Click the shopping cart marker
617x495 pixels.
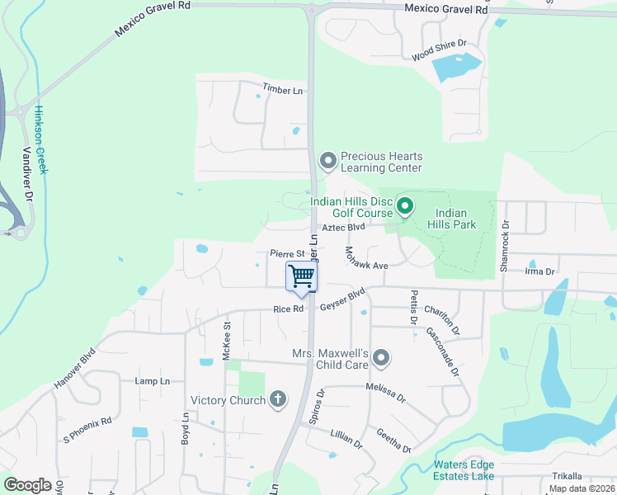(x=302, y=276)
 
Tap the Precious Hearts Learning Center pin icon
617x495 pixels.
(x=327, y=161)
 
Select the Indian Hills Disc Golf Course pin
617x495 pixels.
(x=404, y=205)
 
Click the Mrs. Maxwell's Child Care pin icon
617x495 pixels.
(x=380, y=358)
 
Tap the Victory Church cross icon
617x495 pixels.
(x=278, y=400)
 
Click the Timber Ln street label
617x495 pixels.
(x=282, y=89)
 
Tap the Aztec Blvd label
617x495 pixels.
(x=343, y=227)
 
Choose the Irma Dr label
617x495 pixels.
(x=539, y=271)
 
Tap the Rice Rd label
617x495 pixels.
(x=290, y=309)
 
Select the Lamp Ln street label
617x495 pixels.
(x=152, y=381)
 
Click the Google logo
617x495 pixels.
(x=27, y=485)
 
